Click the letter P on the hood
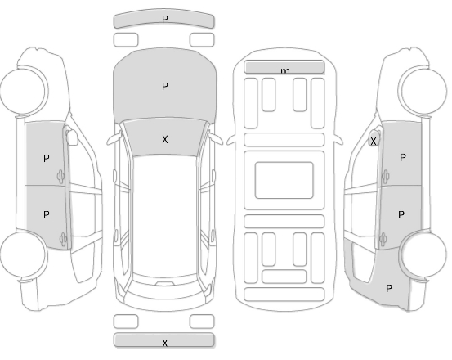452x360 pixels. (165, 86)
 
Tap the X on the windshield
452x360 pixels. (165, 140)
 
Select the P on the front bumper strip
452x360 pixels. (165, 20)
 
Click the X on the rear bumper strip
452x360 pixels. (165, 343)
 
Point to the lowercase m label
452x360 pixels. (284, 71)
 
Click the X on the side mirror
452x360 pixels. (374, 142)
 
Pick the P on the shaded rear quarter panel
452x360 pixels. (389, 288)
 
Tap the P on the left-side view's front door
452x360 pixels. (46, 158)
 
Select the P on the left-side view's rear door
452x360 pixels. (46, 214)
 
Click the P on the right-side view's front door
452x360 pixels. (403, 157)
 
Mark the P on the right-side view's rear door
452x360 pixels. (401, 214)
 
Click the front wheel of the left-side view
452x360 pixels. (23, 90)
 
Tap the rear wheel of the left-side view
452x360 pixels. (23, 254)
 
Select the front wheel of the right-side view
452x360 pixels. (423, 90)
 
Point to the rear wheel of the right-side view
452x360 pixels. (423, 254)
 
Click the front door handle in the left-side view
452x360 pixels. (60, 177)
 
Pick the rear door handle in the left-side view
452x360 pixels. (63, 239)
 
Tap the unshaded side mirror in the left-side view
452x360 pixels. (71, 137)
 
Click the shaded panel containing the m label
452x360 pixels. (284, 67)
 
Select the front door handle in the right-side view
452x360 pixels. (386, 176)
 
